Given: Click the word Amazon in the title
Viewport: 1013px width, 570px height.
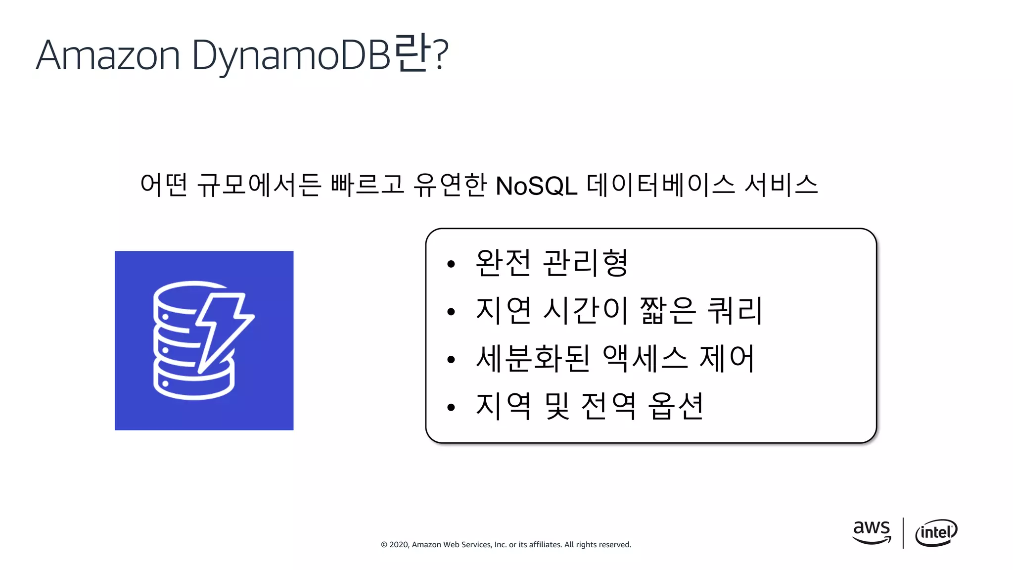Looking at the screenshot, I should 108,55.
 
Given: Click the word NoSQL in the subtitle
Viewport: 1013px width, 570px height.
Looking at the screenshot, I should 536,187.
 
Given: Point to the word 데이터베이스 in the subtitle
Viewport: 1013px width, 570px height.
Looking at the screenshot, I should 661,185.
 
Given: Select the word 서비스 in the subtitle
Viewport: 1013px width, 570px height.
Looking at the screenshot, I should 781,185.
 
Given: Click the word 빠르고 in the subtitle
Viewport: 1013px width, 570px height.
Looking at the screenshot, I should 368,185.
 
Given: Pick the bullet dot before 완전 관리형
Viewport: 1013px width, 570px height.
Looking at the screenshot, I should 451,264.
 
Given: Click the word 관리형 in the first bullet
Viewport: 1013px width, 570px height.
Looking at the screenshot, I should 585,263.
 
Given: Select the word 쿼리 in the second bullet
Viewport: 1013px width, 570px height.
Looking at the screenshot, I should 735,311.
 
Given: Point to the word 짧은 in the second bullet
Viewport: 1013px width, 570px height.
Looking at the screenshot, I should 668,311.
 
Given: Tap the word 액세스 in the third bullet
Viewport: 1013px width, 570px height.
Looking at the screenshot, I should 645,358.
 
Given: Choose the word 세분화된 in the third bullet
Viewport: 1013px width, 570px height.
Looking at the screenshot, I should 533,358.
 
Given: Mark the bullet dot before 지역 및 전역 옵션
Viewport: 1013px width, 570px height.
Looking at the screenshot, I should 451,408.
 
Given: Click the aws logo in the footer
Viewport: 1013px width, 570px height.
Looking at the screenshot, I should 872,532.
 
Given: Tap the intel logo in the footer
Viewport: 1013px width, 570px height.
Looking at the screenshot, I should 936,533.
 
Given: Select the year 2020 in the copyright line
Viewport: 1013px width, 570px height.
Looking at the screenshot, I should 400,545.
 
